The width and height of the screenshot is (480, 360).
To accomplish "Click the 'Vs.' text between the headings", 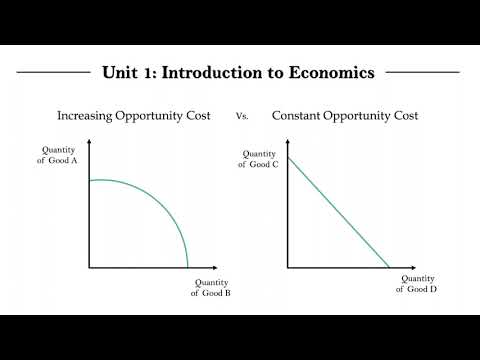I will pyautogui.click(x=241, y=117).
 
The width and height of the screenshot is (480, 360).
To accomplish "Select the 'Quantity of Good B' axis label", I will pyautogui.click(x=212, y=288).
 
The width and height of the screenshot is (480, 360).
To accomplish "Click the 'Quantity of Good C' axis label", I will pyautogui.click(x=257, y=158).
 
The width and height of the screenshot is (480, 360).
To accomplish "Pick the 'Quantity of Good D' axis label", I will pyautogui.click(x=417, y=284).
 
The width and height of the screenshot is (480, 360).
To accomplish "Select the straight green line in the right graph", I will pyautogui.click(x=338, y=212).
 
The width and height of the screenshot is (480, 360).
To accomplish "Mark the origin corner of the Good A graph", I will pyautogui.click(x=89, y=268).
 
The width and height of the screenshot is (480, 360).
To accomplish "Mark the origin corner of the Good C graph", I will pyautogui.click(x=288, y=268).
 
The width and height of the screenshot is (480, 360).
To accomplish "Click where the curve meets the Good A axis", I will pyautogui.click(x=89, y=180).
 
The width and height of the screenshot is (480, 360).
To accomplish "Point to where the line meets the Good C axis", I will pyautogui.click(x=288, y=157).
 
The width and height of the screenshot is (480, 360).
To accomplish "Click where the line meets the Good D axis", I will pyautogui.click(x=389, y=268).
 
